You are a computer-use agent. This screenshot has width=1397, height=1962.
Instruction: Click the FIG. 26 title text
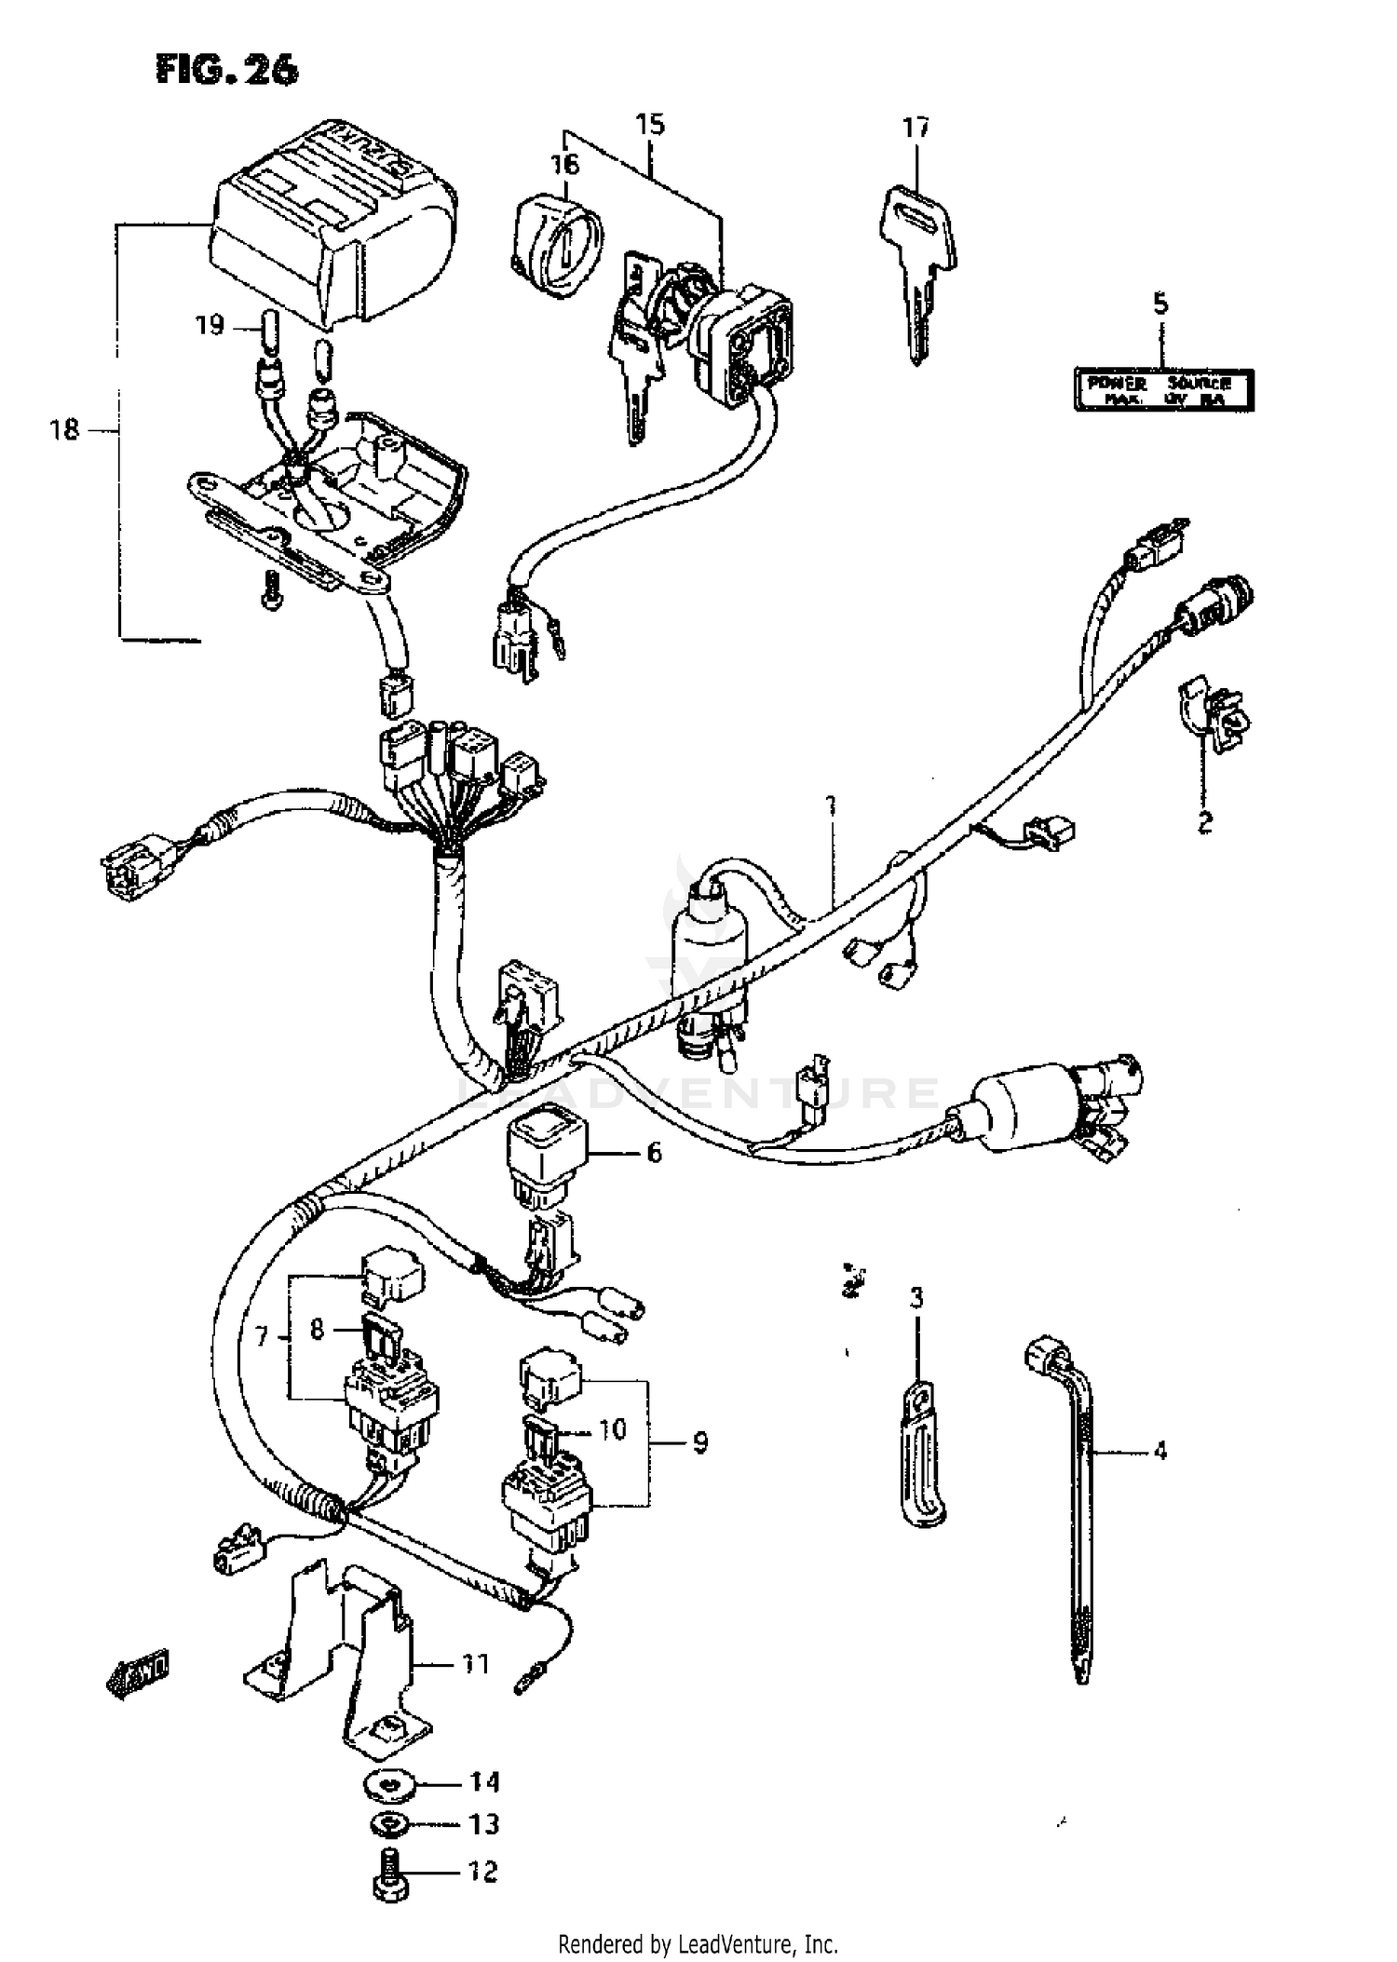coord(227,70)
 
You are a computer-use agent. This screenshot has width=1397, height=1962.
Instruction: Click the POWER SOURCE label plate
coord(1163,389)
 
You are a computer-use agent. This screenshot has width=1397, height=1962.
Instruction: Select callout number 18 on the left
coord(64,430)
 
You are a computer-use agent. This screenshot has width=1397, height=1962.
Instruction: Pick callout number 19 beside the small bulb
coord(210,325)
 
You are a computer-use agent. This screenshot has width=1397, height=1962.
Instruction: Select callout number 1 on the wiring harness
coord(831,805)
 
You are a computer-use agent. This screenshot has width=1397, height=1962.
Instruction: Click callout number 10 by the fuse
coord(612,1429)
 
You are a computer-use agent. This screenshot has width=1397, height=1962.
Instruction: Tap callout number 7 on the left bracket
coord(262,1338)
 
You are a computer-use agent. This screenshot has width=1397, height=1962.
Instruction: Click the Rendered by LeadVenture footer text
coord(698,1944)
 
